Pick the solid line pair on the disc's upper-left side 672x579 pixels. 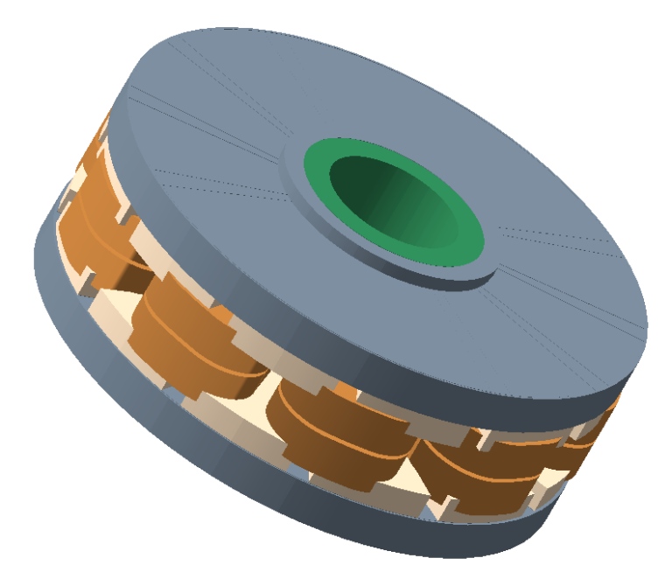click(201, 114)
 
